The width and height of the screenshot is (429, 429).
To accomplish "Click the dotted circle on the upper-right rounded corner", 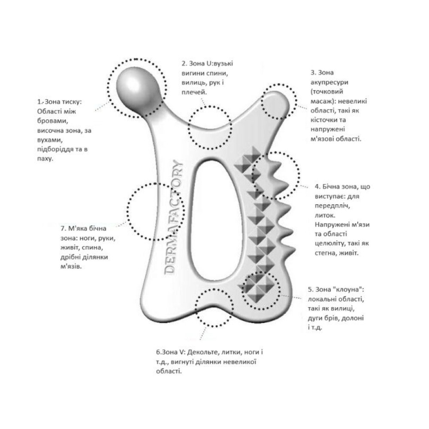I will (279, 103).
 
